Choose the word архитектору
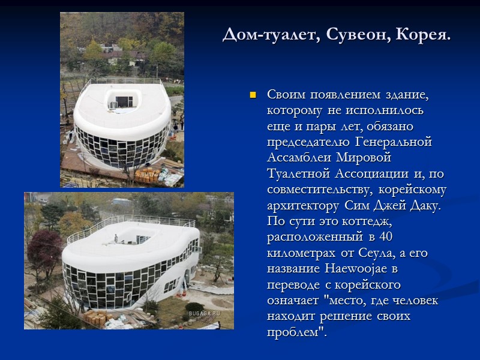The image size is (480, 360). [302, 205]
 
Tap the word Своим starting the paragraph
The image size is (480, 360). [286, 95]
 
